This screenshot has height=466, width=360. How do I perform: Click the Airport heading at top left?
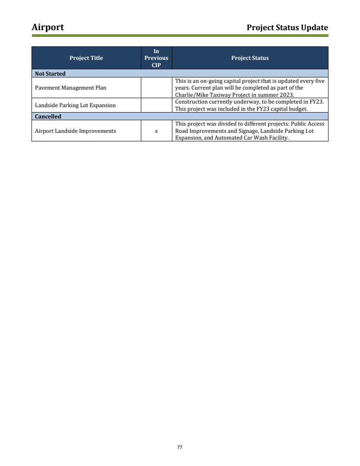(48, 27)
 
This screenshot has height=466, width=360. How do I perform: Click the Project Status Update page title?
(287, 28)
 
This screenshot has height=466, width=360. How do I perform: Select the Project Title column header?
(86, 58)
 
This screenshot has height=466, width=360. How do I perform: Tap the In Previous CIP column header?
(156, 58)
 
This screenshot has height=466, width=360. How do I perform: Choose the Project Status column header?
(250, 58)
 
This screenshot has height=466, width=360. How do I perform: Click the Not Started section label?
(50, 74)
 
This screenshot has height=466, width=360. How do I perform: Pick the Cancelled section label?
(48, 117)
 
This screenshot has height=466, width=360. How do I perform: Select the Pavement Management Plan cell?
(71, 88)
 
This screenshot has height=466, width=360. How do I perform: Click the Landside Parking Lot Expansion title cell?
(75, 105)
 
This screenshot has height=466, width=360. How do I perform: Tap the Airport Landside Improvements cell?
(75, 131)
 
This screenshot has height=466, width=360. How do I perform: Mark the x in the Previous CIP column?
(156, 131)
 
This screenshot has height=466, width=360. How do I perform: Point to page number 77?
(180, 447)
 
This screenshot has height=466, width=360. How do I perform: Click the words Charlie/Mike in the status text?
(191, 95)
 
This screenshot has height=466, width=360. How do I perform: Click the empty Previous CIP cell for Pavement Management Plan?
(156, 88)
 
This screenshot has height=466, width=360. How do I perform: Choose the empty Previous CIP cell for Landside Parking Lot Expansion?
(156, 105)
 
